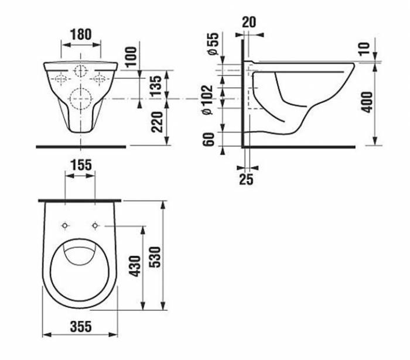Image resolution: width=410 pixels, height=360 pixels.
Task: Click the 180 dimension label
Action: pos(81,35)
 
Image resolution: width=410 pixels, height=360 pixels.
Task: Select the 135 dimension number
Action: pos(156,86)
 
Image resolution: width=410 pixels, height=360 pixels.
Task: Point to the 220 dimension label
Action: pos(157,122)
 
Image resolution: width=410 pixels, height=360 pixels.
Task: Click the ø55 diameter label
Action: pos(213,43)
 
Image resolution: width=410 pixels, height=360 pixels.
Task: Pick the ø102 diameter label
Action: pos(208,100)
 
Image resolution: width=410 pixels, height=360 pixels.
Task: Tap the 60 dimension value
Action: pos(209,139)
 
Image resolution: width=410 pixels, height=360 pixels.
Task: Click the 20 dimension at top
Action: pos(249,22)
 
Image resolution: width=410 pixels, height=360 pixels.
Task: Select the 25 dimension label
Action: pos(247,179)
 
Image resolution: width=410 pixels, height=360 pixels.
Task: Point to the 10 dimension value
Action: pos(364,49)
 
